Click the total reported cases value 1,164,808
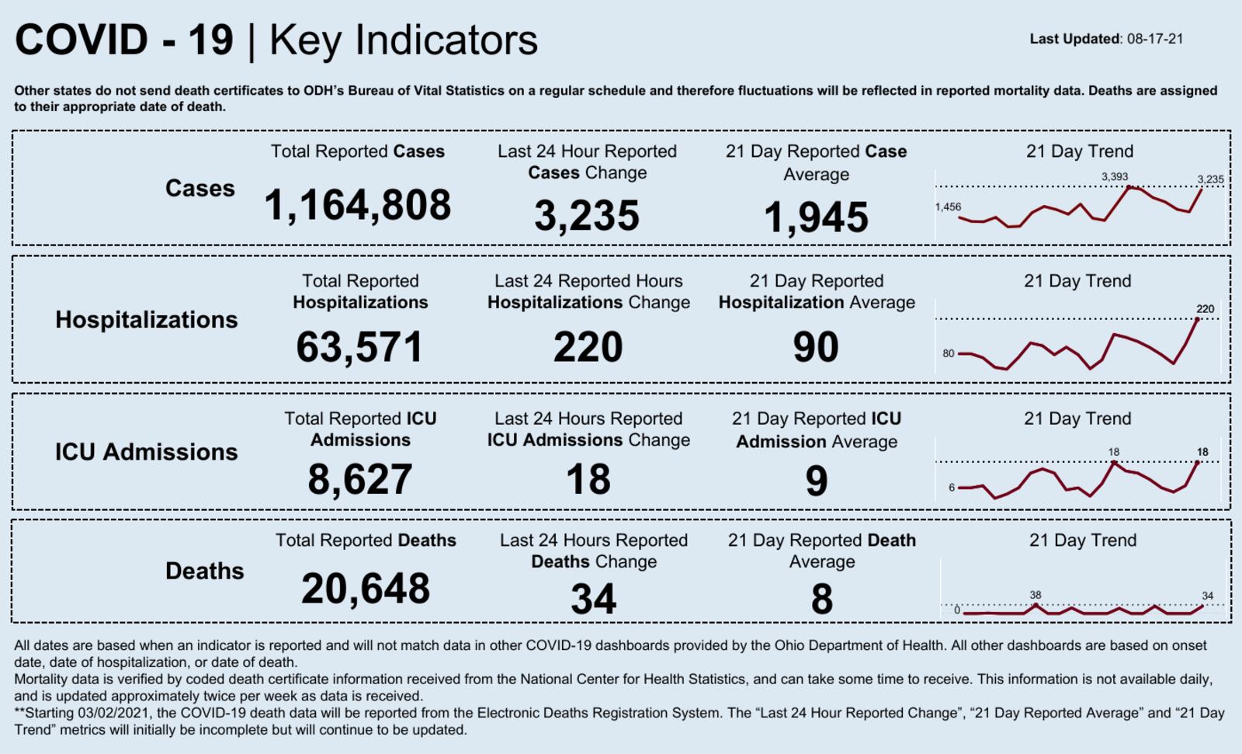pos(357,206)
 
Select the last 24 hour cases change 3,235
pos(587,216)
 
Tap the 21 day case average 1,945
pos(816,217)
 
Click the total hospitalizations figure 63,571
pos(359,347)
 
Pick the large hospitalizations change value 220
pos(588,347)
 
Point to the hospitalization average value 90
pos(816,347)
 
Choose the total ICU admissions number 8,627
pos(359,479)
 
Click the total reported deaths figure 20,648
pos(366,589)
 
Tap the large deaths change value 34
pos(594,599)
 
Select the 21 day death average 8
pos(822,599)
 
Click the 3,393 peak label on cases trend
pos(1115,177)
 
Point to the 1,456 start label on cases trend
pos(948,207)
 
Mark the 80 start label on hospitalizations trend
pos(949,353)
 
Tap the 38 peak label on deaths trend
pos(1036,595)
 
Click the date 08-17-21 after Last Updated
pos(1155,39)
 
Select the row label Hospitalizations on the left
pos(147,320)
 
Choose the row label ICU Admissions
pos(147,452)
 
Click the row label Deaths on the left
pos(204,572)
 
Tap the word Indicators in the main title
pos(446,40)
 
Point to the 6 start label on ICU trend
pos(952,488)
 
